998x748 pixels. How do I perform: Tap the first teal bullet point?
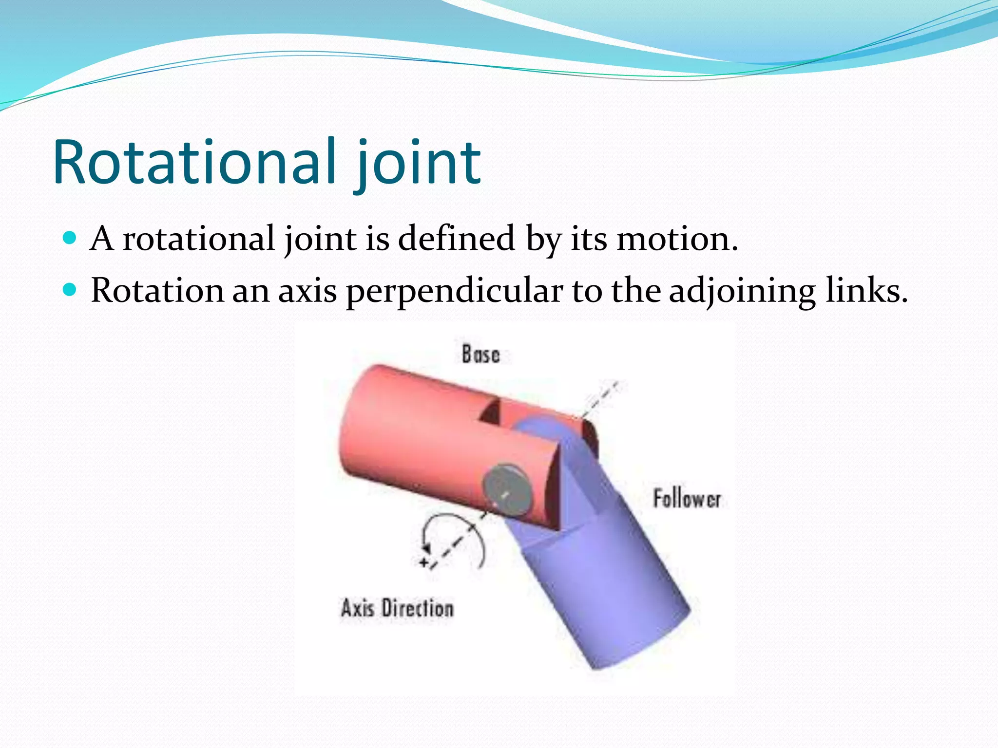tap(70, 238)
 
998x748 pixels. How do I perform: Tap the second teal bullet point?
tap(70, 290)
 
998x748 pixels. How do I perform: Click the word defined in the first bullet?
tap(456, 238)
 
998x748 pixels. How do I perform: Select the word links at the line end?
tap(866, 291)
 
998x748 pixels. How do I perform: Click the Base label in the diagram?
tap(480, 354)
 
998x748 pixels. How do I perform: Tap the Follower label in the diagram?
tap(686, 499)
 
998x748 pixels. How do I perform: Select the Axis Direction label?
tap(397, 608)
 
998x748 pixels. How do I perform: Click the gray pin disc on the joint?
tap(507, 489)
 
